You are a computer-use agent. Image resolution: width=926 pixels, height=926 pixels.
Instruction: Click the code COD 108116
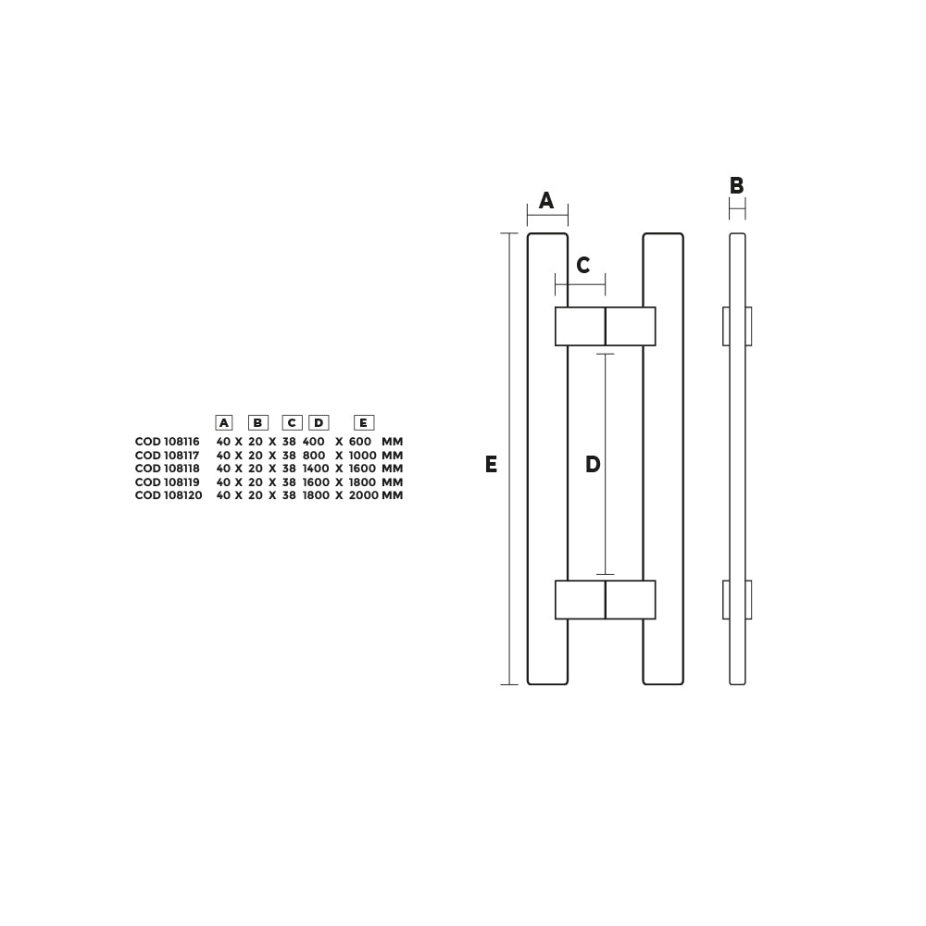point(168,443)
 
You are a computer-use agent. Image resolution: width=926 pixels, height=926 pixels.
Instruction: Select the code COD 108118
point(168,469)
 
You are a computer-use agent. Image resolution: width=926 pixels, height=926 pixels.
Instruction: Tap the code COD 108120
point(169,495)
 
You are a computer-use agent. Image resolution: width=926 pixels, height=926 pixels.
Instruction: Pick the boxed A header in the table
point(224,423)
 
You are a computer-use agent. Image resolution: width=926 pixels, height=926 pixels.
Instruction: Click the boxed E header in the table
point(364,423)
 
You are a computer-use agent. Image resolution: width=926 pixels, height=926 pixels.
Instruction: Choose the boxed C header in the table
point(292,423)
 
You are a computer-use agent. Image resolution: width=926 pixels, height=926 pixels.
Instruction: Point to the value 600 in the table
point(359,443)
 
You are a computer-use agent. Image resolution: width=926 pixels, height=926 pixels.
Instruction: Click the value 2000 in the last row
point(364,495)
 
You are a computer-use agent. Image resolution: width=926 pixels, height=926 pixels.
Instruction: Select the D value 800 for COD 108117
point(314,456)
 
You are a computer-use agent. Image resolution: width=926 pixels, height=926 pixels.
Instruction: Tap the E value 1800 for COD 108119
point(363,482)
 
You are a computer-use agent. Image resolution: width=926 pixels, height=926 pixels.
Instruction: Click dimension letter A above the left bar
point(546,201)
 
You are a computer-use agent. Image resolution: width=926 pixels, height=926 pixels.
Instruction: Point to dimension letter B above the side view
point(737,186)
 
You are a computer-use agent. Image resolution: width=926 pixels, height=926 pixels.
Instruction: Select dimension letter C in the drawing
point(583,267)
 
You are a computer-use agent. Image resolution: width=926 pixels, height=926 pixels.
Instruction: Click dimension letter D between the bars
point(593,465)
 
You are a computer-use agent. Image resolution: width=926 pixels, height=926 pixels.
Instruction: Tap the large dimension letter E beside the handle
point(491,465)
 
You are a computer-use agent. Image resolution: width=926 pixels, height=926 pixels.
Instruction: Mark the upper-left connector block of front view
point(580,326)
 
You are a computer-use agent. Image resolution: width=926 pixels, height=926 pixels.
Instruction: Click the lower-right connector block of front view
point(631,600)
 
